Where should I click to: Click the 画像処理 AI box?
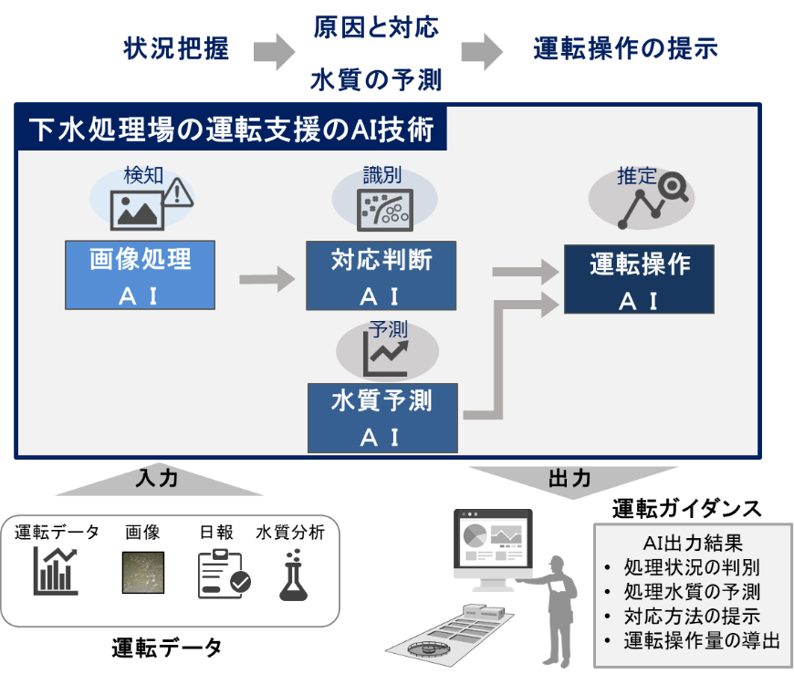point(141,275)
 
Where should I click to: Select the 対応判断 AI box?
point(381,275)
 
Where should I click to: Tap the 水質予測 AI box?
point(382,418)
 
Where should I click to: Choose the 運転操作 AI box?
point(639,279)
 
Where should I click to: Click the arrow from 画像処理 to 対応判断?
point(266,279)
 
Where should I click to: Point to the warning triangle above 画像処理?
point(177,192)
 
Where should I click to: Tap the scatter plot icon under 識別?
point(385,210)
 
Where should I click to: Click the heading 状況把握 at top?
point(176,48)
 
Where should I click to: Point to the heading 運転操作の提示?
point(625,48)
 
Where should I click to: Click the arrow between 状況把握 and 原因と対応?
point(274,52)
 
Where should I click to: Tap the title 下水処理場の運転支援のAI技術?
point(231,129)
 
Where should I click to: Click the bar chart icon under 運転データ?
point(56,571)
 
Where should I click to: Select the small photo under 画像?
point(143,572)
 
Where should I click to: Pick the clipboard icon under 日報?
point(224,575)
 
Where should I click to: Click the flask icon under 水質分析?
point(293,575)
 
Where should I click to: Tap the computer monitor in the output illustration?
point(493,549)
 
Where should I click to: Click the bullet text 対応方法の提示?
point(692,616)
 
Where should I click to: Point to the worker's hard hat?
point(557,561)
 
